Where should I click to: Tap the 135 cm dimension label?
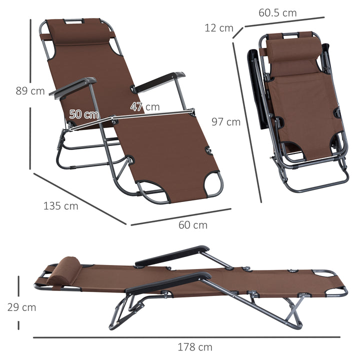point(61,206)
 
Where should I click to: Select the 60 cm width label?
point(193,225)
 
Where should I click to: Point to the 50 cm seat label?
point(84,113)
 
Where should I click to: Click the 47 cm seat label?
point(145,106)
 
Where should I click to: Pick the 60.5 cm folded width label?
point(277,13)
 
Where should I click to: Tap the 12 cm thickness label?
point(219,28)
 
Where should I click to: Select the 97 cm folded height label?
point(225,121)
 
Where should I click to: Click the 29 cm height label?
point(21,307)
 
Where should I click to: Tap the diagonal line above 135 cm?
point(80,198)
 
